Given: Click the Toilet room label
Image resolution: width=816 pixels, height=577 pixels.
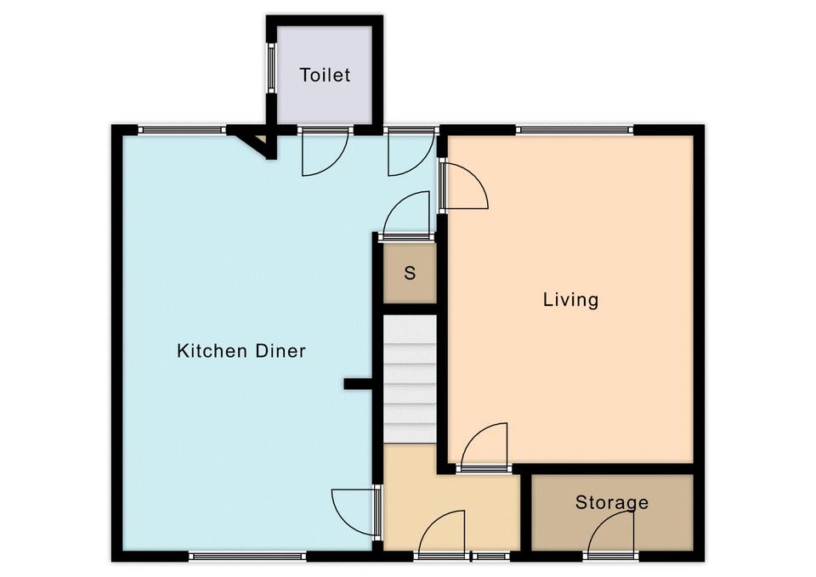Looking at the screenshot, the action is coord(325,75).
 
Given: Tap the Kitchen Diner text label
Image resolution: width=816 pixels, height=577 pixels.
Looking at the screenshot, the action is coord(241,351).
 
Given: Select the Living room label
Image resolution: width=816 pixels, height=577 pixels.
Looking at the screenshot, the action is coord(571,300).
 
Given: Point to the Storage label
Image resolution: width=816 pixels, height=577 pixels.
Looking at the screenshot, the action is coord(612,502).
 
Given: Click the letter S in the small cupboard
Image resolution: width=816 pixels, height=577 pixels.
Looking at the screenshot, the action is coord(410,273).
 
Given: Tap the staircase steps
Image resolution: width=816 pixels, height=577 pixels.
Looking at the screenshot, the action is coord(410,379).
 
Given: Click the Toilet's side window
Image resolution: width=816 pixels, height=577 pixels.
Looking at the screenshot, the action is coord(270,68).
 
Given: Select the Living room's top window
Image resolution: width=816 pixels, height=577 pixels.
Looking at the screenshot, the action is coord(575,130).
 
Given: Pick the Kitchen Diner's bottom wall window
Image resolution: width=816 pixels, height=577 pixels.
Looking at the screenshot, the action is coord(247,557).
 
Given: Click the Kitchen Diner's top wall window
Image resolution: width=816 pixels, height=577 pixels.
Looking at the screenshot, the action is coord(182,130).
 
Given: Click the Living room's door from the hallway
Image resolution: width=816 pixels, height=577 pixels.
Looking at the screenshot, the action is coord(484,445).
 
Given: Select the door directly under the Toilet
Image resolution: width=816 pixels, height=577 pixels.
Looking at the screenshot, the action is coord(326,152).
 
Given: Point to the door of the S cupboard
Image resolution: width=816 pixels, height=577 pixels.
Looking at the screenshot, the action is coord(407,215).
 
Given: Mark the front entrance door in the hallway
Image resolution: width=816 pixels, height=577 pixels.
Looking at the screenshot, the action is coord(441,535).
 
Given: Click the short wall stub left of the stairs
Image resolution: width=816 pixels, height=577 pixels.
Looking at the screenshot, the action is coord(359,384).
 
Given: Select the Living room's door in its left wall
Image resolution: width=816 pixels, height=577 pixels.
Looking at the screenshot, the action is coord(463,186).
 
